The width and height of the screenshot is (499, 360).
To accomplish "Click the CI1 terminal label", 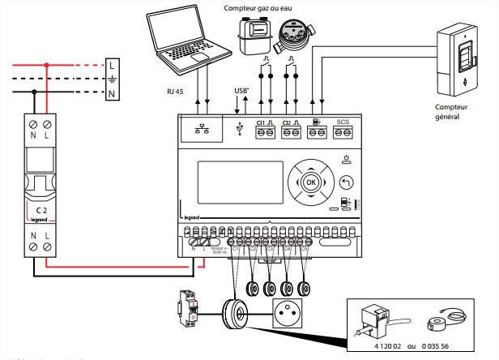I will (x=262, y=122).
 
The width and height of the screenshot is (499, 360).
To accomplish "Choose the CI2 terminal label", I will (x=288, y=122).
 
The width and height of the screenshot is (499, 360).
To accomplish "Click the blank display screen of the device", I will (x=230, y=184).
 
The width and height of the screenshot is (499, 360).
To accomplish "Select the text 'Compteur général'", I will (x=453, y=111).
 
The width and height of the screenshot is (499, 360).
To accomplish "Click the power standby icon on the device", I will (x=347, y=158).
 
